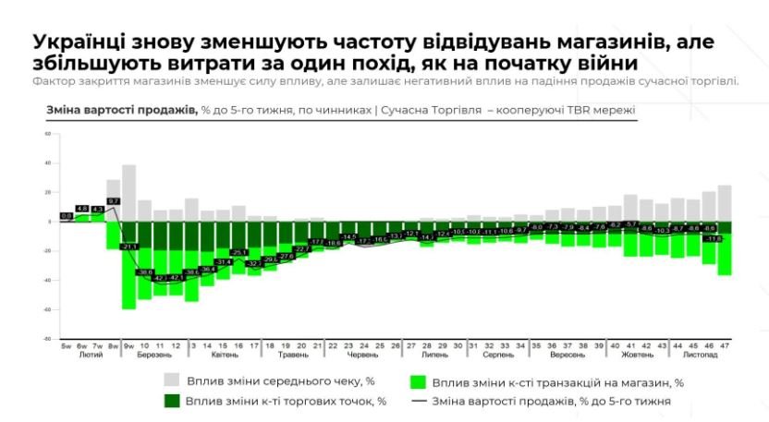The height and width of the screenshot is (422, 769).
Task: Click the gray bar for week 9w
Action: [128, 193]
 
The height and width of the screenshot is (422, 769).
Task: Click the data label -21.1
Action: [129, 247]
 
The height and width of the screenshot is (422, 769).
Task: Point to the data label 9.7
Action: [113, 200]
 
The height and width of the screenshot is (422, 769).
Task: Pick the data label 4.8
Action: [82, 209]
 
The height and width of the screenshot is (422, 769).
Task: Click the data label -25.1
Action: [238, 252]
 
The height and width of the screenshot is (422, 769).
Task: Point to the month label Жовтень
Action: [638, 355]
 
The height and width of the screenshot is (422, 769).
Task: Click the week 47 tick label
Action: [725, 345]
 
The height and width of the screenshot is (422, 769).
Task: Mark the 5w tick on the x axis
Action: [67, 345]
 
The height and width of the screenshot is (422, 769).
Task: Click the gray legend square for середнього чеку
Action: [171, 380]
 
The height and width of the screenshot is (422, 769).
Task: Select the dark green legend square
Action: [171, 401]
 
